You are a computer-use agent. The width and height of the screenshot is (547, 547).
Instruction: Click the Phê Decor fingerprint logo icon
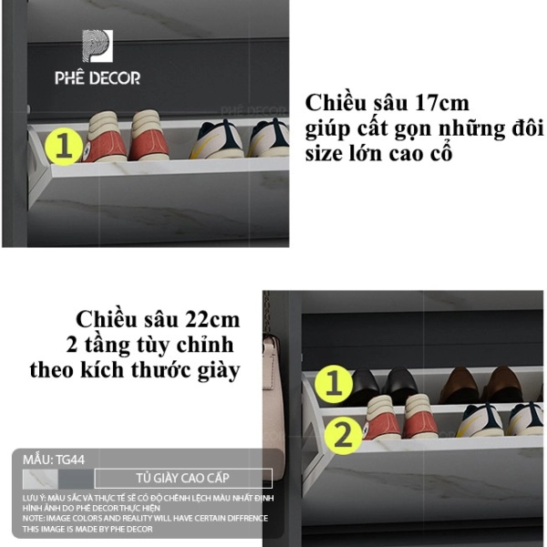click(98, 46)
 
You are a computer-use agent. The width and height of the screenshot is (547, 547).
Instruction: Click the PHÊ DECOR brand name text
click(98, 77)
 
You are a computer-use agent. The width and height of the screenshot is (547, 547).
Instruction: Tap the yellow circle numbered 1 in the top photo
click(64, 147)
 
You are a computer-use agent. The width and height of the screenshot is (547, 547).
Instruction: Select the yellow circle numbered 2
click(344, 436)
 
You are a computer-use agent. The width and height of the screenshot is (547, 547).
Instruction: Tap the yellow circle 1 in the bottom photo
click(334, 384)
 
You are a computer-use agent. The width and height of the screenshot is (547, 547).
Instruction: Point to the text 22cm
click(212, 320)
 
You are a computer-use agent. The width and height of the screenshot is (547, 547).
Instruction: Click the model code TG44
click(70, 459)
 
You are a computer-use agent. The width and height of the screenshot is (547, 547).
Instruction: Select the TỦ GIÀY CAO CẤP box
click(183, 478)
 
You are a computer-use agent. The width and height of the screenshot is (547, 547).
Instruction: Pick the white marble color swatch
click(40, 479)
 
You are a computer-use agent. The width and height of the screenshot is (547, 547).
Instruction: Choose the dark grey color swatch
click(76, 479)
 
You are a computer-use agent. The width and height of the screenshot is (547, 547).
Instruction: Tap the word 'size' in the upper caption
click(324, 154)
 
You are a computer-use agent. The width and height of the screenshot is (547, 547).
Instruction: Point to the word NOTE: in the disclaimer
click(34, 518)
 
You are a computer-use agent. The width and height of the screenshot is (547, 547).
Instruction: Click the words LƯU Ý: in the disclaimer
click(35, 498)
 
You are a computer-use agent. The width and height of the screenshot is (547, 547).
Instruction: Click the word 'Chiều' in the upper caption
click(335, 103)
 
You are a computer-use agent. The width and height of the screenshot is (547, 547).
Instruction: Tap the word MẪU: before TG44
click(38, 459)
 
